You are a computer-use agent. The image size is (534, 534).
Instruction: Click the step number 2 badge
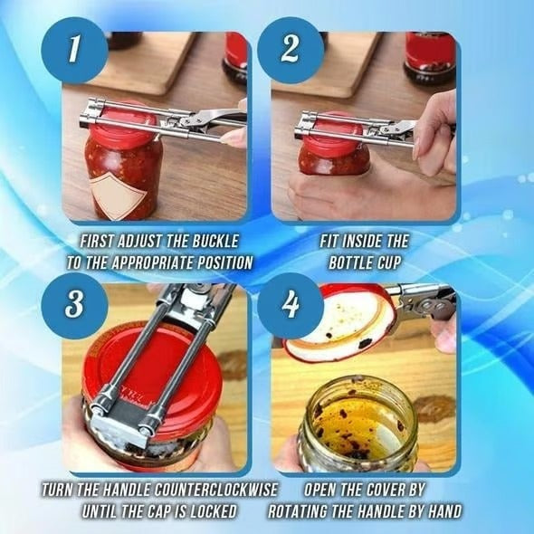[290, 51]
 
